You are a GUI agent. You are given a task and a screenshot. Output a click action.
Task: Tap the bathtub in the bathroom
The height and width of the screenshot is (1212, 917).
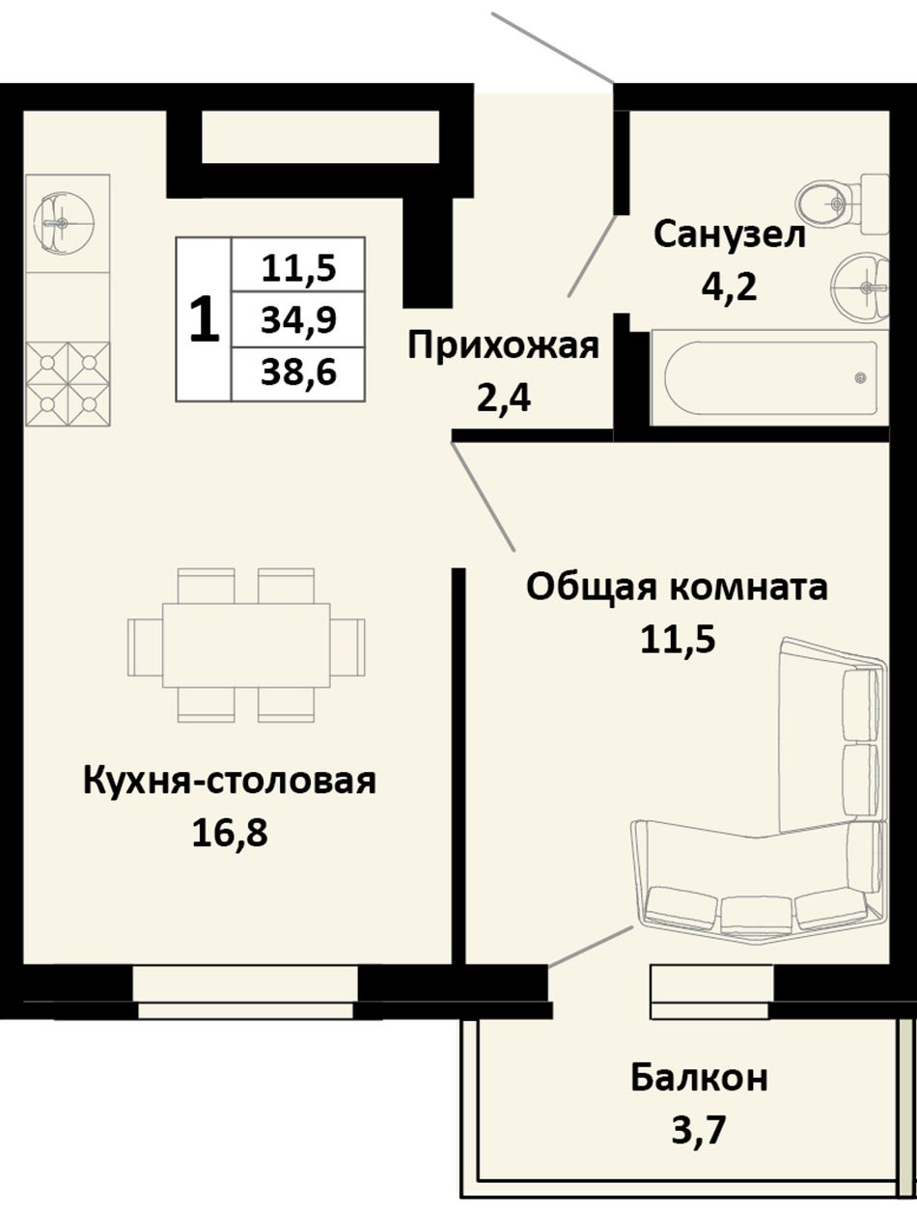click(770, 378)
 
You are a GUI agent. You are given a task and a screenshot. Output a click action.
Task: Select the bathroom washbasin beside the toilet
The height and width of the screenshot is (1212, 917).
click(861, 286)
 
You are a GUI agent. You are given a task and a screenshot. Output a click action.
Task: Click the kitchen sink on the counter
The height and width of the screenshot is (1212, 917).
click(62, 223)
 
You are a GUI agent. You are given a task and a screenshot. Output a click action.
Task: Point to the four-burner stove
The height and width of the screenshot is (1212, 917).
click(68, 384)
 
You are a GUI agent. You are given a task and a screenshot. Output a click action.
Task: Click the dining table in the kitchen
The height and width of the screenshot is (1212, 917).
click(246, 646)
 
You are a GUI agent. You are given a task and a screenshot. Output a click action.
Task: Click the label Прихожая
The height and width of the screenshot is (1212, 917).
click(503, 346)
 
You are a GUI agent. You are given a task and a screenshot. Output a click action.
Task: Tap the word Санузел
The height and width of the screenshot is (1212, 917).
click(730, 234)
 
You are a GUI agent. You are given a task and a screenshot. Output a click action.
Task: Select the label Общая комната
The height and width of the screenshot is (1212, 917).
click(677, 588)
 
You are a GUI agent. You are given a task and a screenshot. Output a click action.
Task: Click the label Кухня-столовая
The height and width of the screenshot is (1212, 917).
click(229, 781)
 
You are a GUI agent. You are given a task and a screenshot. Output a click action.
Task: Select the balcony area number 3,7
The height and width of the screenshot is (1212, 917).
click(697, 1129)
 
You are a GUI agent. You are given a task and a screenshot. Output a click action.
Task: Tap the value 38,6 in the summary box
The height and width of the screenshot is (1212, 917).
click(298, 372)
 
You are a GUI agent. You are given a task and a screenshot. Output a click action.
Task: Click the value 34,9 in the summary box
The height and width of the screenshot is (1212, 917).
click(298, 320)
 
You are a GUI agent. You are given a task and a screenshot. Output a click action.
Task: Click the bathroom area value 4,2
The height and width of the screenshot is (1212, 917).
click(729, 287)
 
